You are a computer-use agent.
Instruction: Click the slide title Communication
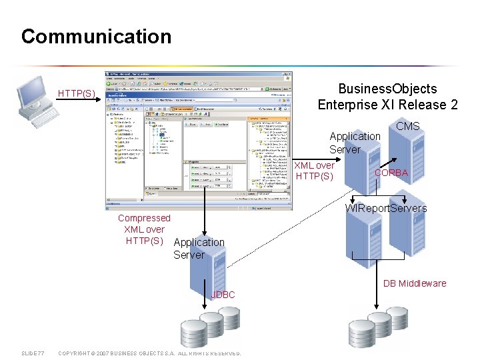pyautogui.click(x=96, y=36)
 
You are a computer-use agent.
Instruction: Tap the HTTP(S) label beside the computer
pyautogui.click(x=77, y=93)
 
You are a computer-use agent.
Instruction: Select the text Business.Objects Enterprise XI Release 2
pyautogui.click(x=387, y=97)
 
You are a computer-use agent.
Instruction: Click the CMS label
pyautogui.click(x=407, y=126)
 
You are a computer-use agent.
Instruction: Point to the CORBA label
pyautogui.click(x=391, y=173)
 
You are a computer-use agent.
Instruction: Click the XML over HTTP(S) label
pyautogui.click(x=315, y=171)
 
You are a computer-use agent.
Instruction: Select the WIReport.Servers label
pyautogui.click(x=386, y=208)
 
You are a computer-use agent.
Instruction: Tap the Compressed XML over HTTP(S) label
pyautogui.click(x=144, y=229)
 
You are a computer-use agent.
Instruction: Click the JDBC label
pyautogui.click(x=223, y=294)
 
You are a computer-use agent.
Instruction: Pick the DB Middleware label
pyautogui.click(x=415, y=283)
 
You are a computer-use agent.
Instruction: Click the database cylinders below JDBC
pyautogui.click(x=205, y=331)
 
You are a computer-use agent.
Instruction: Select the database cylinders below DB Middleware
pyautogui.click(x=375, y=331)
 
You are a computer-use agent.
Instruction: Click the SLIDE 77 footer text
pyautogui.click(x=33, y=353)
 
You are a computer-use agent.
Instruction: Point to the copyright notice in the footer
pyautogui.click(x=150, y=353)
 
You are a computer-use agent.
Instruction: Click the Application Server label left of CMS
pyautogui.click(x=355, y=143)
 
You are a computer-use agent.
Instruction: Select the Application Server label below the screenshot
pyautogui.click(x=199, y=248)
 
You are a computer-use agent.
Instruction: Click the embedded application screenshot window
pyautogui.click(x=198, y=140)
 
